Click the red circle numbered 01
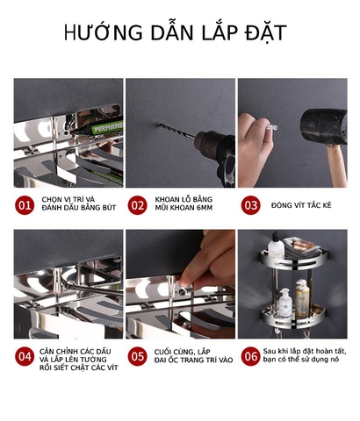[x=25, y=206]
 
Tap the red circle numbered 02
[x=137, y=206]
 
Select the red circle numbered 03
[x=251, y=206]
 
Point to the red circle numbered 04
[x=25, y=357]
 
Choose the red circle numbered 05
[x=137, y=357]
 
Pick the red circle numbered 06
[x=251, y=357]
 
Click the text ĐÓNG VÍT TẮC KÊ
[x=302, y=206]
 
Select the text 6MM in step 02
[x=205, y=210]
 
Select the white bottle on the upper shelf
[x=277, y=251]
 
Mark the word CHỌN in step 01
[x=52, y=201]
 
